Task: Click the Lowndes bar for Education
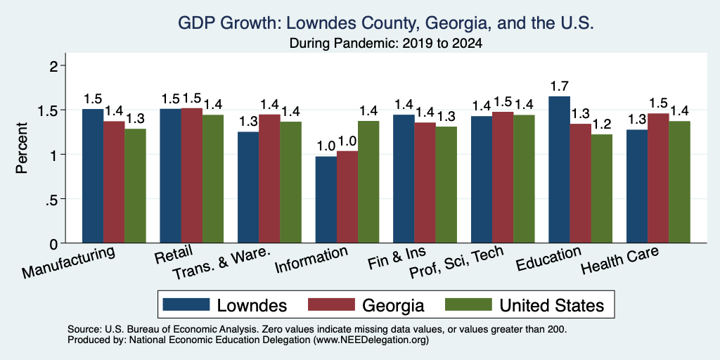coord(559,169)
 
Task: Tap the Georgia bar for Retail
coord(192,175)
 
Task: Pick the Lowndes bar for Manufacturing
coord(93,176)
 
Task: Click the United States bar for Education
coord(602,188)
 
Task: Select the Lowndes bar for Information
coord(326,200)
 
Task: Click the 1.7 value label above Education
coord(559,86)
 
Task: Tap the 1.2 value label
coord(602,124)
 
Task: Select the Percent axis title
coord(22,148)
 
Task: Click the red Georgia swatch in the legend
coord(332,304)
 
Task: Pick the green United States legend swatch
coord(468,304)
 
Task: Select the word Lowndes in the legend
coord(252,305)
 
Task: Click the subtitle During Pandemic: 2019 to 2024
coord(386,44)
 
